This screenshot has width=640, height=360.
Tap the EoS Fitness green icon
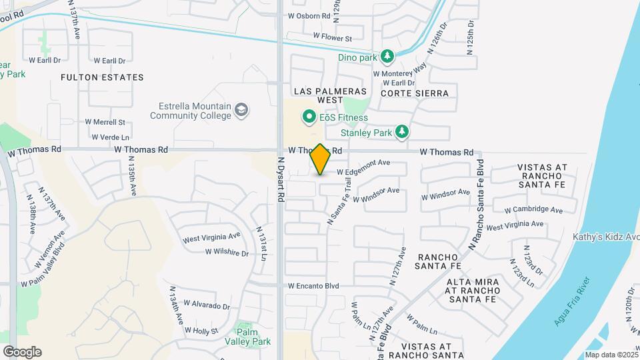(x=309, y=117)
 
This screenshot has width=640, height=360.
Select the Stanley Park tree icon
(x=401, y=133)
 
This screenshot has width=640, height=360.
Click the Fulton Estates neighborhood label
(x=102, y=77)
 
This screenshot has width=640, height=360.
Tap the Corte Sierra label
(x=415, y=93)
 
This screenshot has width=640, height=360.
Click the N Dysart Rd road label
(x=281, y=179)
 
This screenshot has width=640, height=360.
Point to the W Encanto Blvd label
(x=313, y=286)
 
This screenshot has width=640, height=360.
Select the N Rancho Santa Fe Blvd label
(x=477, y=205)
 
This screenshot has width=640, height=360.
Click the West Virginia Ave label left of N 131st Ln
(x=211, y=237)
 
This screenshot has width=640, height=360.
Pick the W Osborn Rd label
(x=309, y=15)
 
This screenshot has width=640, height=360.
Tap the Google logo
(x=22, y=351)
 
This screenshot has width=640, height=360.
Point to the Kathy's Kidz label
(x=605, y=237)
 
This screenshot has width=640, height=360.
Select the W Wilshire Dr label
(x=227, y=253)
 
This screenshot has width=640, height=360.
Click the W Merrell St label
(x=105, y=122)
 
